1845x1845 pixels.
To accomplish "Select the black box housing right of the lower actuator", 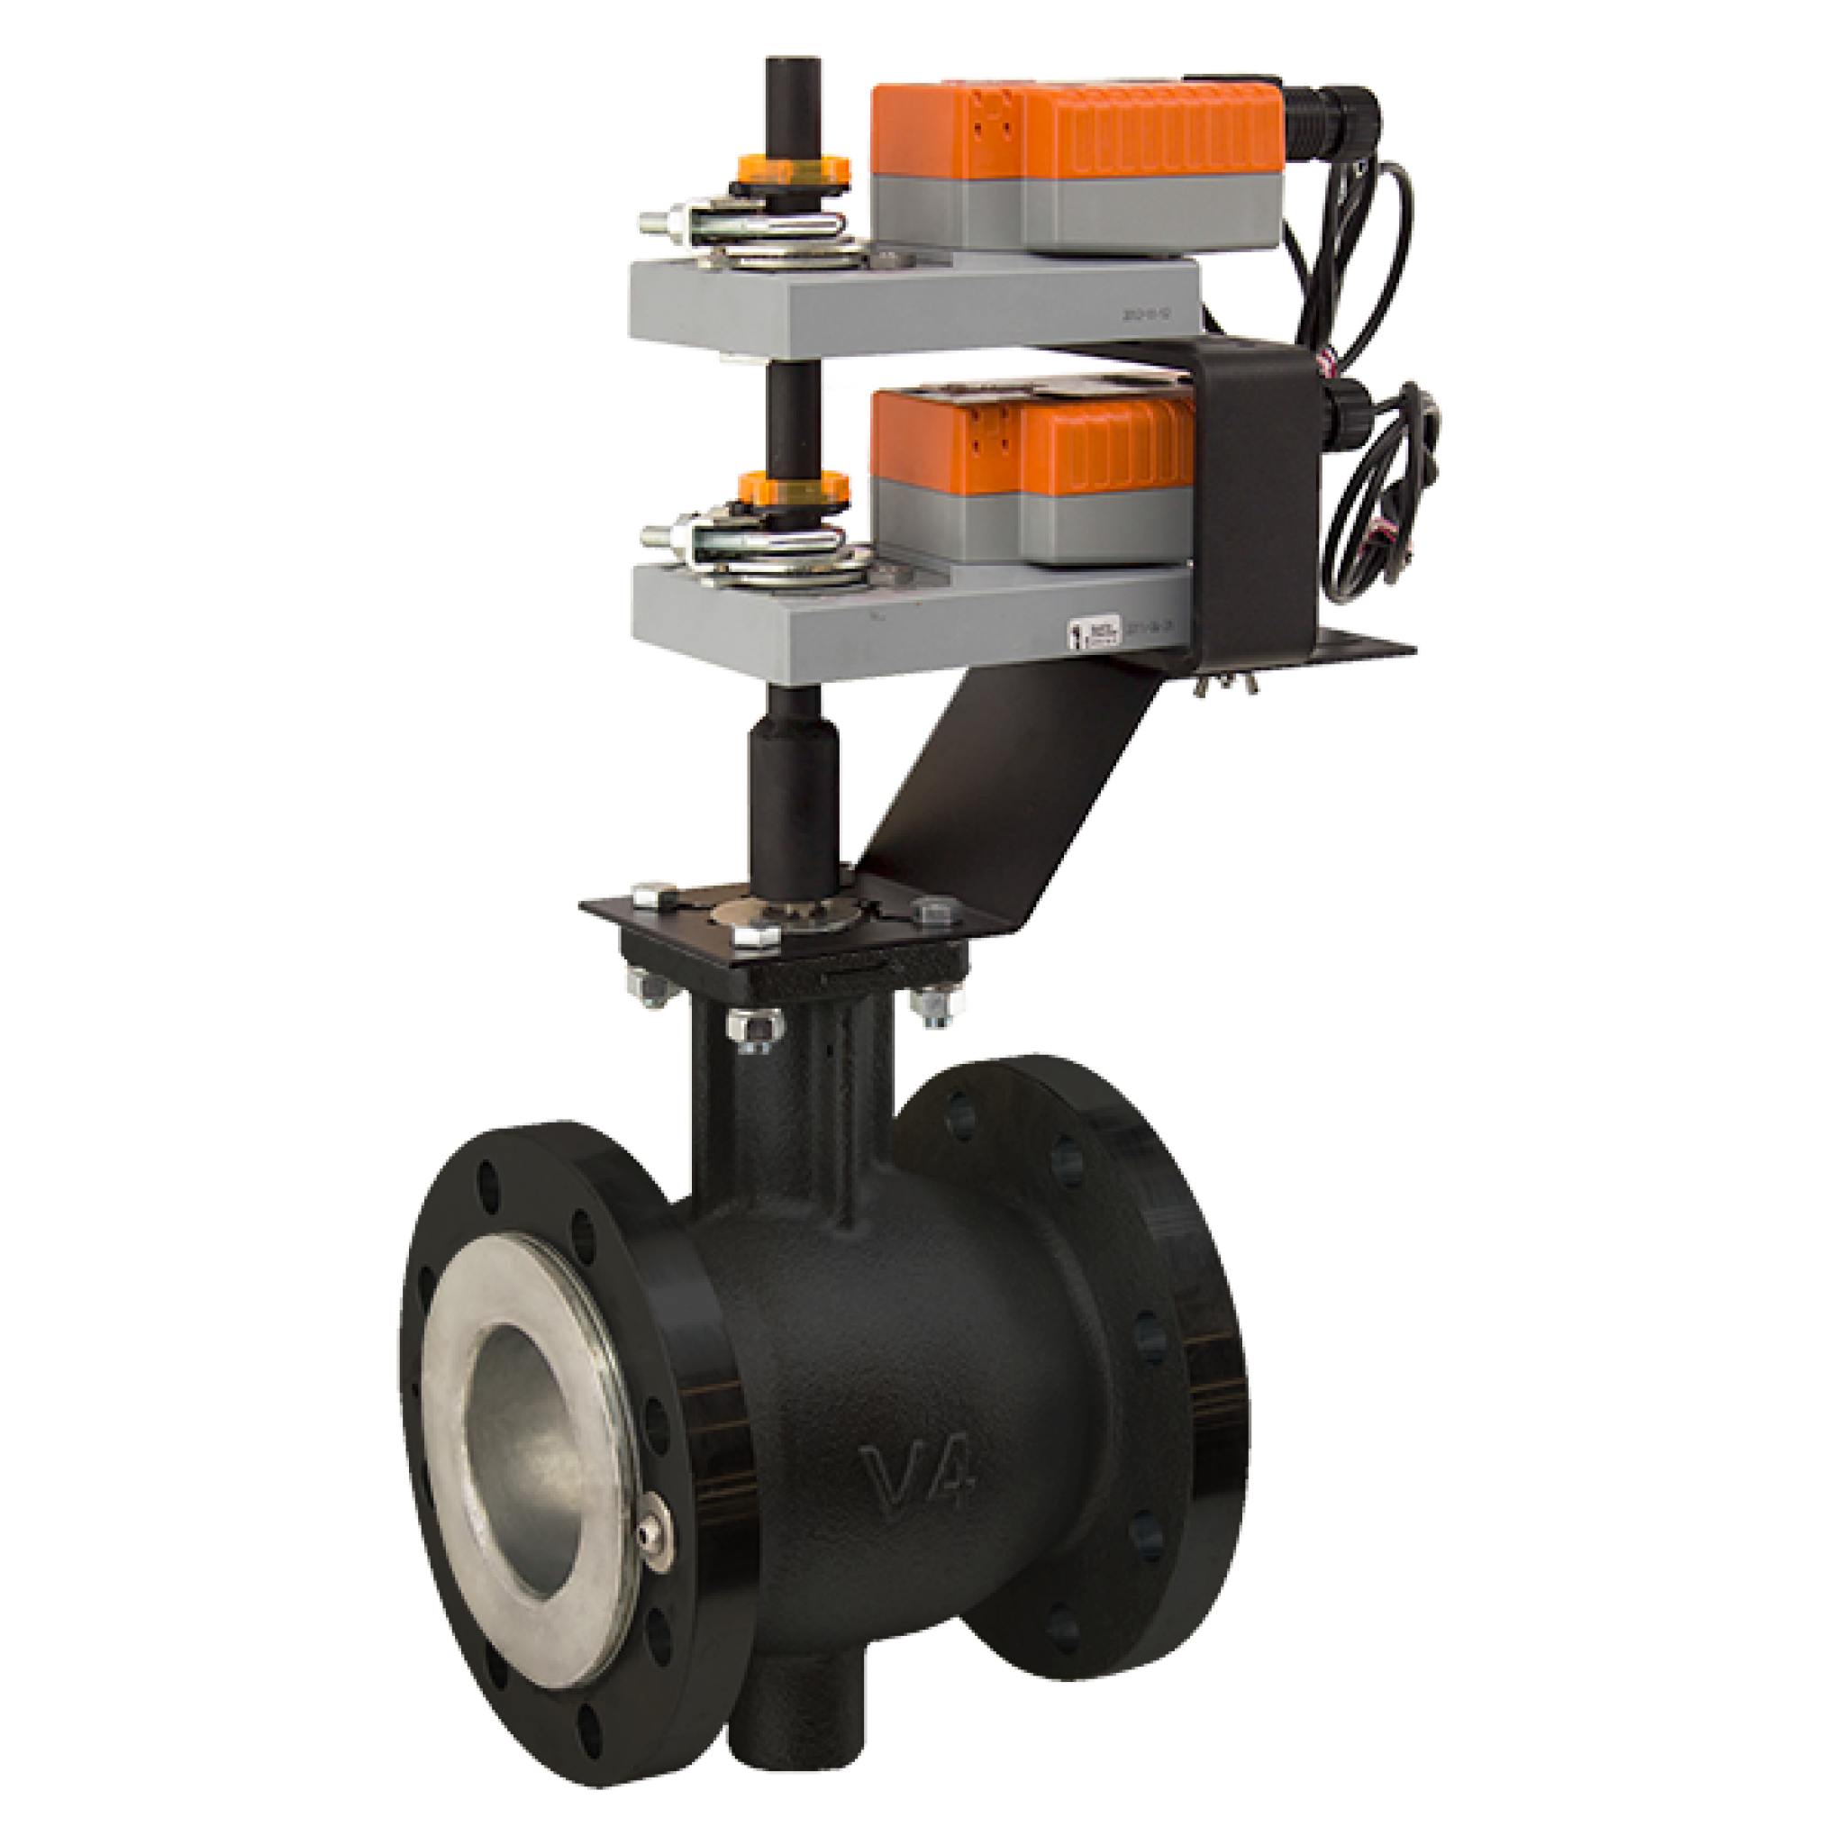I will coord(1260,496).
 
